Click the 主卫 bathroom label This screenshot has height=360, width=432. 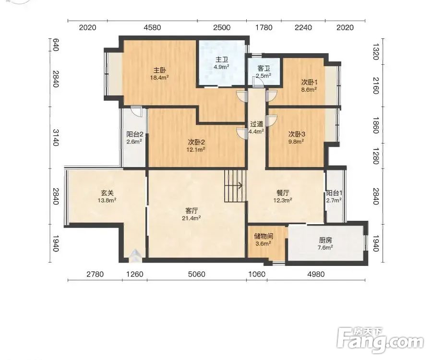[x=222, y=60]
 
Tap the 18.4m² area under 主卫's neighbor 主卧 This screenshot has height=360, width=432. [x=159, y=77]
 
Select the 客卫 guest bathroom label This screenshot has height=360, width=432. [x=264, y=68]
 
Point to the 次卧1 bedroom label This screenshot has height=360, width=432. [x=310, y=82]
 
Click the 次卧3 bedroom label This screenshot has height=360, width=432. [x=297, y=134]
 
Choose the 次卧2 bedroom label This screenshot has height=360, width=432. [x=196, y=142]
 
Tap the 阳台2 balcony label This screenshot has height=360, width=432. [x=135, y=134]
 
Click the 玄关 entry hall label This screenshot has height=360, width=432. [x=107, y=193]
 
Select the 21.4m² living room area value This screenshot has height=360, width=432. [x=191, y=218]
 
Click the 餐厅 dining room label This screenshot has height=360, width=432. [x=283, y=193]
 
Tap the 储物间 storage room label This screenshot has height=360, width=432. [x=264, y=236]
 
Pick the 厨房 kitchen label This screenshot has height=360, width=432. [x=325, y=240]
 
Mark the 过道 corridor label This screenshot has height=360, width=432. [x=256, y=124]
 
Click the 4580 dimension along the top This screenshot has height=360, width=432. [x=152, y=27]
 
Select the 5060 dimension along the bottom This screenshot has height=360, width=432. [x=197, y=274]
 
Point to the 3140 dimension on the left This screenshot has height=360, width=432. [x=55, y=138]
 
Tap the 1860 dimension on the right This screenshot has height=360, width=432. [x=376, y=125]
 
